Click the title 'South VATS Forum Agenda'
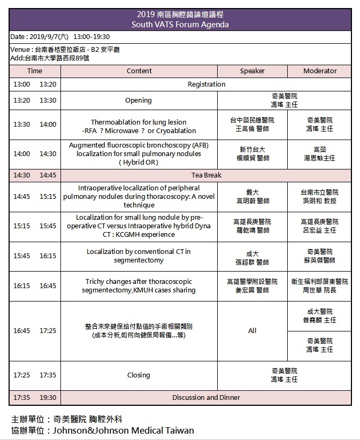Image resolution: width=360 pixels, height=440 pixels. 180,25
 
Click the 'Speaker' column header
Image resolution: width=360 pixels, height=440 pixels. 252,71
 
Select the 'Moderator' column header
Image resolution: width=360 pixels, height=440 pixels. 320,71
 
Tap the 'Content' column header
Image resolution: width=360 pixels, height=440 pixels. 139,71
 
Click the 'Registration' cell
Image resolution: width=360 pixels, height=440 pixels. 206,84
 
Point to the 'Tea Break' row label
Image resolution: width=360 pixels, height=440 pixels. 206,175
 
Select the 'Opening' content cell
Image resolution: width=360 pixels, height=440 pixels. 139,100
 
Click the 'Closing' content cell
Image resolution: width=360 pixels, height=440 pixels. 139,375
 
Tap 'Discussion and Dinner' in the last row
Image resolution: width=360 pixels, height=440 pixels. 206,397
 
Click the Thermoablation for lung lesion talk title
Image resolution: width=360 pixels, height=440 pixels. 139,126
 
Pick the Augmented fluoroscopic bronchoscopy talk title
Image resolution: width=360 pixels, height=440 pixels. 139,153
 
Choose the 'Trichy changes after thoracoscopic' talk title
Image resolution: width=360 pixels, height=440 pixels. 139,285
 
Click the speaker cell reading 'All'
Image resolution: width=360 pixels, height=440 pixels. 252,330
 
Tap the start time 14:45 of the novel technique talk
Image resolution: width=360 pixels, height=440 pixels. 22,196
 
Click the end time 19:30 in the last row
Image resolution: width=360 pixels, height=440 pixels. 48,397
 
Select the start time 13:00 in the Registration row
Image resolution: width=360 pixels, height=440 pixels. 22,84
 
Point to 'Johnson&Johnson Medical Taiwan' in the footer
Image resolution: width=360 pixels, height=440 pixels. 123,430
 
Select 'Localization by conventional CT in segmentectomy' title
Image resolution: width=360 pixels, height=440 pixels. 139,256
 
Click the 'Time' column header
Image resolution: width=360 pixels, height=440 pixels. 35,71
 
